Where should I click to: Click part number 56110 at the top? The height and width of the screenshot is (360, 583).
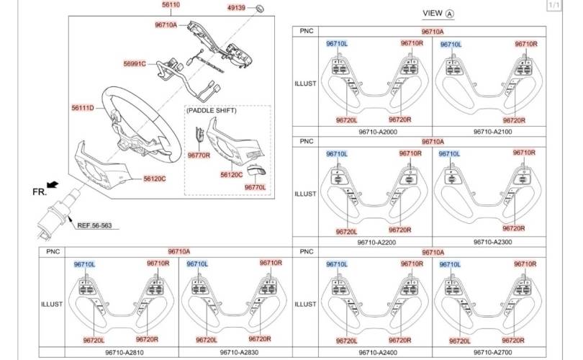coord(171,5)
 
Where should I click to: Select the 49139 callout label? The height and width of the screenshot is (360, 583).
coord(237,7)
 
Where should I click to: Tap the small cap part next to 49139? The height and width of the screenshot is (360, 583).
coord(260,8)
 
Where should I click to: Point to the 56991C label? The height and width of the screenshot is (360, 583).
coord(135,63)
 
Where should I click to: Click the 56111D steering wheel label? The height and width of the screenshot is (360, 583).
coord(83,108)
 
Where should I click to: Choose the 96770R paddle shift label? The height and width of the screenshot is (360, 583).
coord(199,155)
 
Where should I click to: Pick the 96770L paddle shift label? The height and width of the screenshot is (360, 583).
coord(255,187)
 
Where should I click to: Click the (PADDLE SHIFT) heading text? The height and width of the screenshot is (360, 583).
coord(211,110)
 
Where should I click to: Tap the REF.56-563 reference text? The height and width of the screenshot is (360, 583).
coord(94,225)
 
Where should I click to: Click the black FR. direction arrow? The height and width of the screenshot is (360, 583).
coord(53,184)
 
